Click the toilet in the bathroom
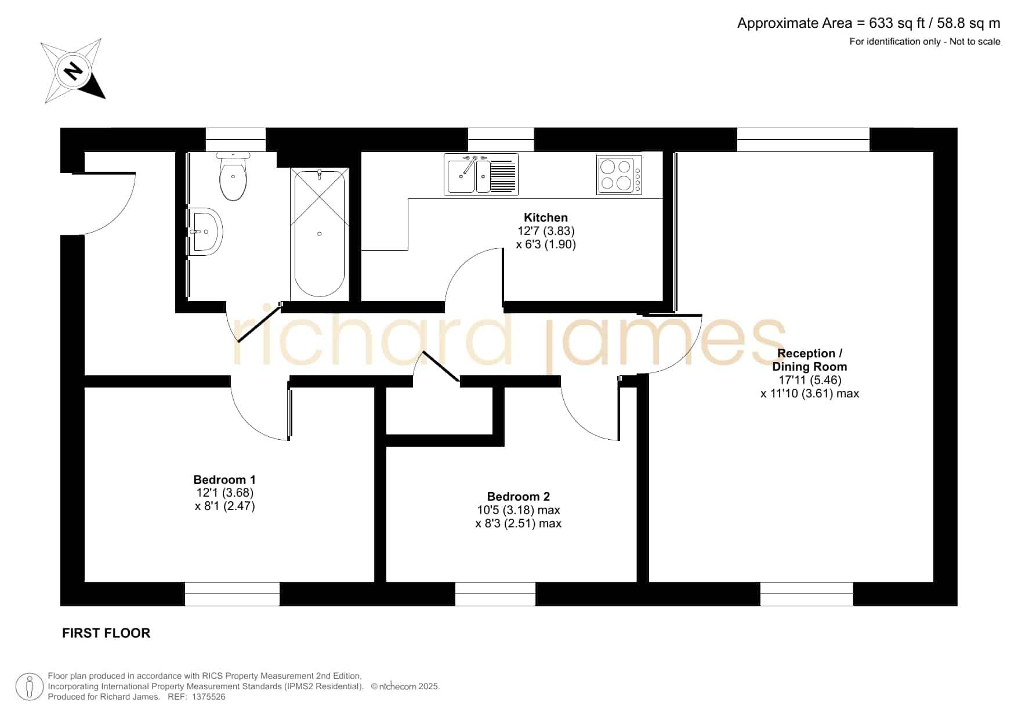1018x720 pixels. (233, 176)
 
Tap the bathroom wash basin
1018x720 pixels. (205, 231)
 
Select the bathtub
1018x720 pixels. (320, 233)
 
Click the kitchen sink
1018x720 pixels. (481, 174)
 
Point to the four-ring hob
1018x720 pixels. (619, 174)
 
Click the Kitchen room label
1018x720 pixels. (546, 218)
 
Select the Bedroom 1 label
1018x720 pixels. (224, 480)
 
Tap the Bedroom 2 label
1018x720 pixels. (519, 497)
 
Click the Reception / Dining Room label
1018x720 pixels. (810, 360)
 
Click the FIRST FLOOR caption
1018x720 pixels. (106, 633)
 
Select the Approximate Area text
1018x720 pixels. (868, 23)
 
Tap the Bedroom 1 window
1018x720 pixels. (232, 594)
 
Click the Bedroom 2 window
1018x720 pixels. (495, 594)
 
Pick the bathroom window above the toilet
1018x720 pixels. (236, 140)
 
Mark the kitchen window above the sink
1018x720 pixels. (501, 140)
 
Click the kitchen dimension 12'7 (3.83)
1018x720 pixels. (546, 231)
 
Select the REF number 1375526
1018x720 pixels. (208, 697)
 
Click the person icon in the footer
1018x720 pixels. (29, 686)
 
